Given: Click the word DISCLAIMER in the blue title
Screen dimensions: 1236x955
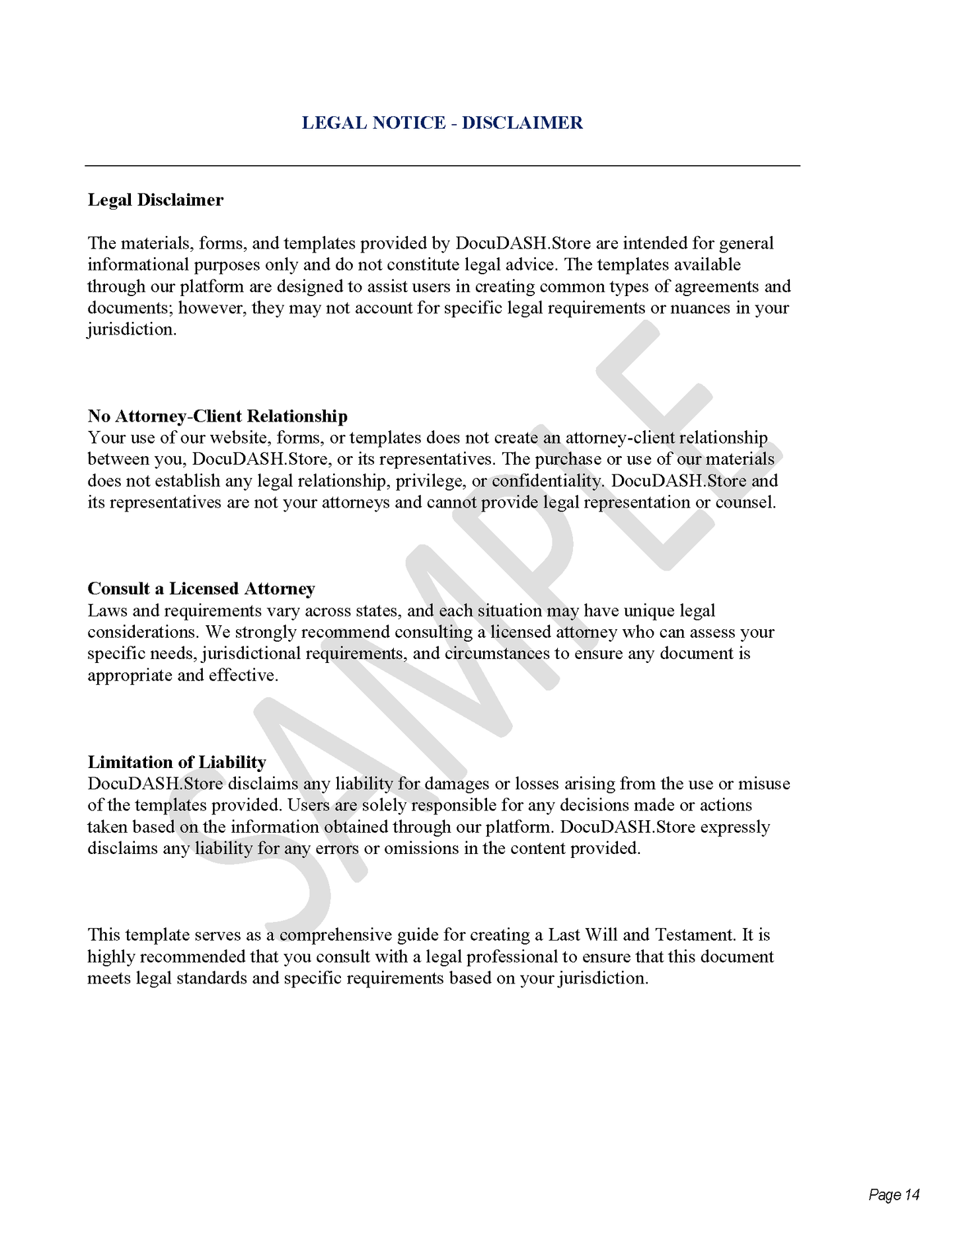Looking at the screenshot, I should tap(522, 123).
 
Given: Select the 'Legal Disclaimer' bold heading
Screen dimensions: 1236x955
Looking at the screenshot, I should tap(155, 200).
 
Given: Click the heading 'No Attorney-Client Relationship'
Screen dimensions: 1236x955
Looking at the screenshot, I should tap(217, 416).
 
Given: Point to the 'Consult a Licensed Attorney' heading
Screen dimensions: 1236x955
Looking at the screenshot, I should tap(201, 588).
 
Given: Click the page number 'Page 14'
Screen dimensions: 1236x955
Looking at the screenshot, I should tap(894, 1194).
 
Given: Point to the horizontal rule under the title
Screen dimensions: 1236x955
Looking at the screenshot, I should tap(442, 165).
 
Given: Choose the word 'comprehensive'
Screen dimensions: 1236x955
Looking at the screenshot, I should tap(335, 935).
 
